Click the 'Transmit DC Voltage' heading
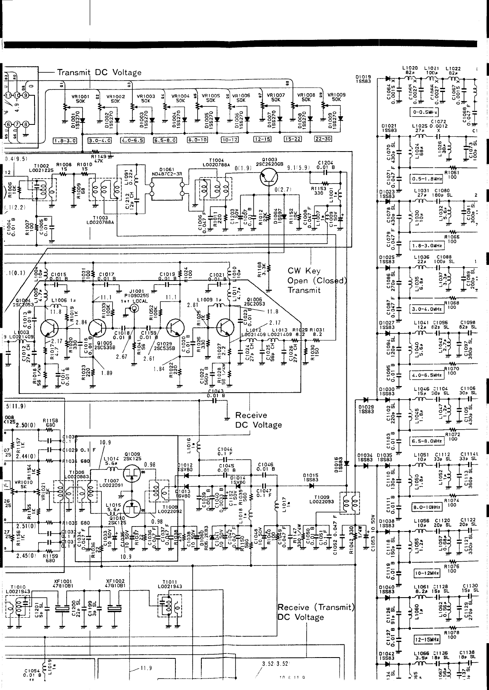click(x=99, y=73)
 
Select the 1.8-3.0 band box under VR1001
click(x=65, y=140)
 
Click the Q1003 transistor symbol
click(x=269, y=177)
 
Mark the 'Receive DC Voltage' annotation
click(x=258, y=420)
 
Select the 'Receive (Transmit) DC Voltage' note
click(x=316, y=612)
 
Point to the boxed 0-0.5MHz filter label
click(x=424, y=112)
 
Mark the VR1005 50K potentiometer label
click(x=211, y=97)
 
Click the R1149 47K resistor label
click(x=98, y=159)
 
